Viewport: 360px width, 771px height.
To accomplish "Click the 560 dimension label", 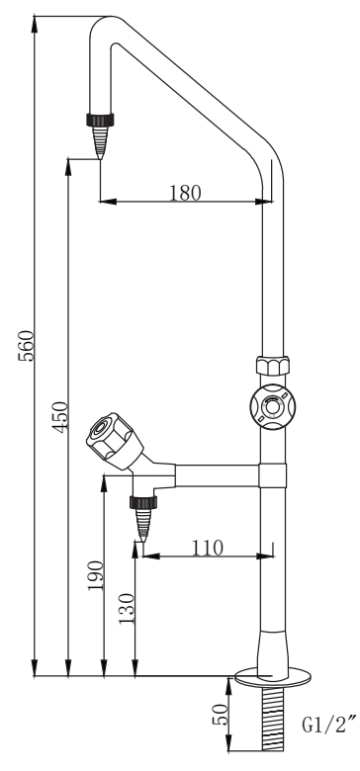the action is coord(26,346).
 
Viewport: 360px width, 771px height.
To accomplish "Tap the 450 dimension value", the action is coord(60,417).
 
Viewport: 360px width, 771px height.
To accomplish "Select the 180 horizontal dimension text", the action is coord(185,193).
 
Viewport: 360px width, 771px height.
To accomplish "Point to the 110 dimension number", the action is coord(207,548).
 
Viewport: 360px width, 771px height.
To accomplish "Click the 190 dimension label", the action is coord(96,576).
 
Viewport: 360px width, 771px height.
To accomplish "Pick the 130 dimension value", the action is coord(127,609).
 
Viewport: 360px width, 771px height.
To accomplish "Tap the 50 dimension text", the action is coord(220,715).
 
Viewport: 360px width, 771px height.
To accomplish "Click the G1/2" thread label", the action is coord(329,726).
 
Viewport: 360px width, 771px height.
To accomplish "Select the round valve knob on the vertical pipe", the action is coord(272,407).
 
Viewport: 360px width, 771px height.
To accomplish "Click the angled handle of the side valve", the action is coord(114,440).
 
